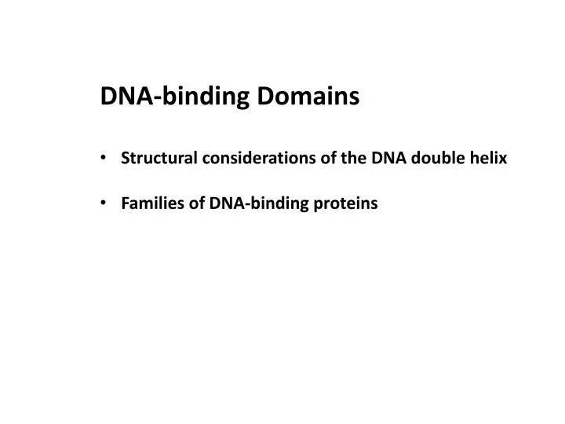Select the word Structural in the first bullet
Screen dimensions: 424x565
click(x=159, y=158)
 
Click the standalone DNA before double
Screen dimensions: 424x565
click(x=401, y=158)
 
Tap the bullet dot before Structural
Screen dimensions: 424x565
click(x=105, y=159)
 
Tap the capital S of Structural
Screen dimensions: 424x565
click(x=126, y=158)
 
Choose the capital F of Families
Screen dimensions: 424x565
click(x=126, y=204)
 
